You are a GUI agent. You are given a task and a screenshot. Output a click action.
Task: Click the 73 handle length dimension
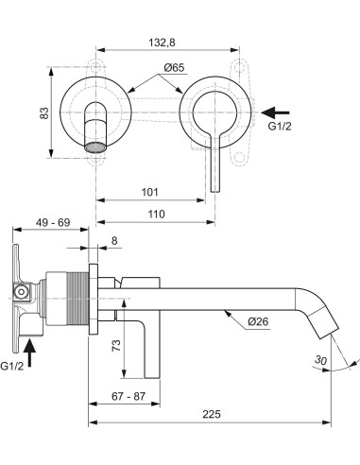[114, 346]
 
